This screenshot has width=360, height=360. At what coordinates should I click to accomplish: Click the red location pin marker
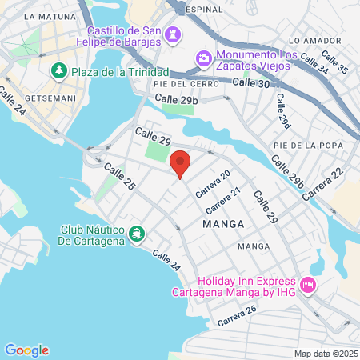pyautogui.click(x=181, y=163)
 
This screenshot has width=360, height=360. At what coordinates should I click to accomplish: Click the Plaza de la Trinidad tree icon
pyautogui.click(x=58, y=71)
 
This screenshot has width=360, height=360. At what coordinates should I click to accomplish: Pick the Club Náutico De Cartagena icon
pyautogui.click(x=138, y=234)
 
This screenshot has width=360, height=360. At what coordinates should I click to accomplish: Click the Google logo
pyautogui.click(x=26, y=350)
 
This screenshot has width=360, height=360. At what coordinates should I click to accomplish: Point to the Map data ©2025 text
pyautogui.click(x=326, y=354)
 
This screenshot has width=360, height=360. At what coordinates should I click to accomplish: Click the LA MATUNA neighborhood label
pyautogui.click(x=49, y=15)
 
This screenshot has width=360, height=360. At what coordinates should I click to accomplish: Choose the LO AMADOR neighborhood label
pyautogui.click(x=308, y=40)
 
